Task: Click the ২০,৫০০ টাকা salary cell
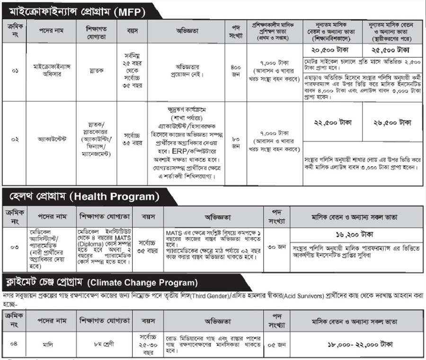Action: pos(333,50)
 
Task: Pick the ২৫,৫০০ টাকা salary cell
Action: pos(393,50)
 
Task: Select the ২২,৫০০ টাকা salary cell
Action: pos(333,123)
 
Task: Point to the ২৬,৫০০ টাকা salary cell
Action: pos(393,123)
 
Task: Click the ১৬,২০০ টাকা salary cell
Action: pos(357,234)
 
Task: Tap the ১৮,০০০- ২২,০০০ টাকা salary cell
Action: pos(357,344)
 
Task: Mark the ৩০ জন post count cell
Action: pos(275,246)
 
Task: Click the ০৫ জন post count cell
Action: pos(275,344)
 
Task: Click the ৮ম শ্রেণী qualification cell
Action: pos(105,344)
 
